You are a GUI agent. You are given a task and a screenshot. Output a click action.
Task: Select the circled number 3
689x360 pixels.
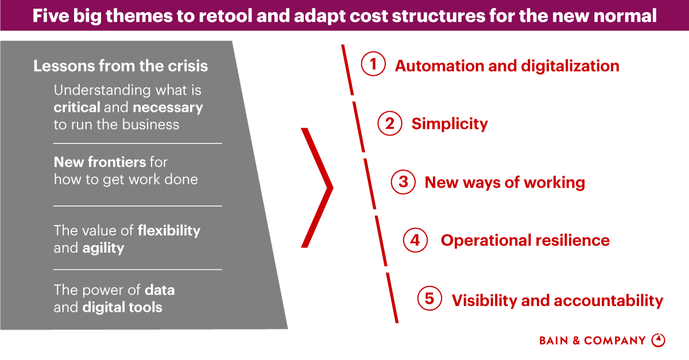pyautogui.click(x=403, y=182)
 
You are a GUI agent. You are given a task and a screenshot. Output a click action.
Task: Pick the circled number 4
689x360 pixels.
pyautogui.click(x=415, y=240)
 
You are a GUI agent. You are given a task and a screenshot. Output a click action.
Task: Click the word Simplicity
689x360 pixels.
pyautogui.click(x=450, y=123)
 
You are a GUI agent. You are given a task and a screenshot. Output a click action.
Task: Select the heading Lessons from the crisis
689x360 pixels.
pyautogui.click(x=121, y=66)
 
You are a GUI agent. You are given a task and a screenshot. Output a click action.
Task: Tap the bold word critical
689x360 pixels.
pyautogui.click(x=77, y=107)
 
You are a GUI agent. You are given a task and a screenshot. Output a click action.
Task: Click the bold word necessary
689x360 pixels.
pyautogui.click(x=168, y=107)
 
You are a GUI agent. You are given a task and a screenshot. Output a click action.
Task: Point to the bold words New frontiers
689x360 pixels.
pyautogui.click(x=99, y=162)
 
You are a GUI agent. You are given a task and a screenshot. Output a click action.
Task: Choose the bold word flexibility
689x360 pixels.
pyautogui.click(x=169, y=231)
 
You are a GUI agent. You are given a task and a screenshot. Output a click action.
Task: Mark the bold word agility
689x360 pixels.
pyautogui.click(x=103, y=248)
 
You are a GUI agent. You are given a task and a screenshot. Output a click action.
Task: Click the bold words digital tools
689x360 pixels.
pyautogui.click(x=122, y=307)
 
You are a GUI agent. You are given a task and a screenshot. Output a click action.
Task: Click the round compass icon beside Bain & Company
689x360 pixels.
pyautogui.click(x=659, y=340)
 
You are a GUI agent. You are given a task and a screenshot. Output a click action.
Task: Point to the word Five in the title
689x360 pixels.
pyautogui.click(x=50, y=16)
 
